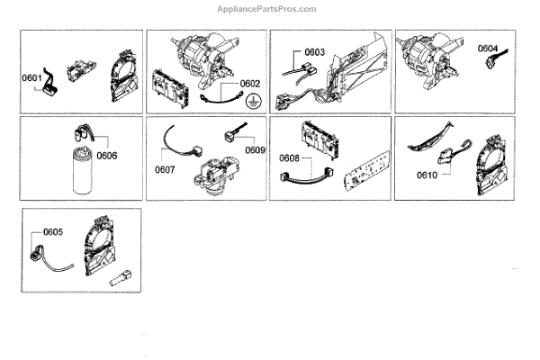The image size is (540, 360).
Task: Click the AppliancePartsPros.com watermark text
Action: coord(267,9)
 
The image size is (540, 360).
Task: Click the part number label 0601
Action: coord(32,78)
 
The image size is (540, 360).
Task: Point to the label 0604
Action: coord(488,48)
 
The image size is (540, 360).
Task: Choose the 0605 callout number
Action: coord(52,231)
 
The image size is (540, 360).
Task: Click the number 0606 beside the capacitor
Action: coord(106,156)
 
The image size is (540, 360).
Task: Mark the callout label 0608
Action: coord(289,158)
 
